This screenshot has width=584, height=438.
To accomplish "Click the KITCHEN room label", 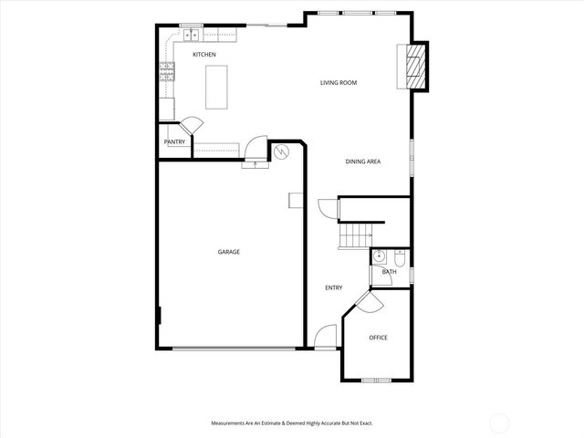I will (203, 56).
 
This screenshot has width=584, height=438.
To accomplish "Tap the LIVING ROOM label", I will (338, 83).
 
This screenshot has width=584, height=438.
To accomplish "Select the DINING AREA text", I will (362, 162).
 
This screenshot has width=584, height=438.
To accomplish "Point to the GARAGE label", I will (228, 252).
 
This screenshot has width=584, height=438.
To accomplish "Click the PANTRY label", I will (174, 142).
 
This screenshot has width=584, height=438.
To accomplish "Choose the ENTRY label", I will (334, 288).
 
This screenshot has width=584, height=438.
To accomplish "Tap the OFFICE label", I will (378, 338).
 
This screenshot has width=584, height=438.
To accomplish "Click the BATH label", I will (390, 272).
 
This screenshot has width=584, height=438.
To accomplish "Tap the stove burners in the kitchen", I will (167, 73).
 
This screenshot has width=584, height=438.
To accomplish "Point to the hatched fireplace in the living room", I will (416, 67).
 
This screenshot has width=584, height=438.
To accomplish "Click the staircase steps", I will (355, 235).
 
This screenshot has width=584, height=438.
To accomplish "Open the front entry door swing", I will (326, 338).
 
